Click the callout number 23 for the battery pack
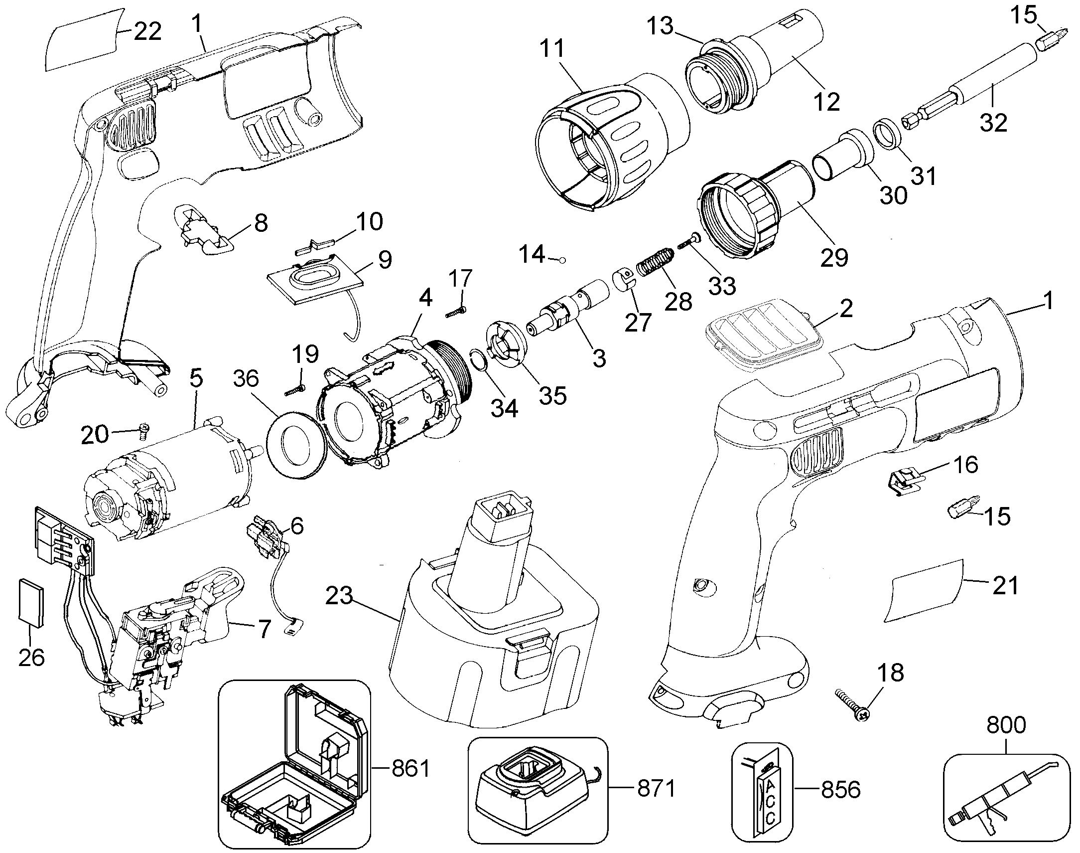[339, 596]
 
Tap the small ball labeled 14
[562, 260]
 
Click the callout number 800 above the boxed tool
[1006, 725]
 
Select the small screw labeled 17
[457, 313]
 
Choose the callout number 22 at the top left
[148, 31]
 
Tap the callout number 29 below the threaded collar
[834, 257]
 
